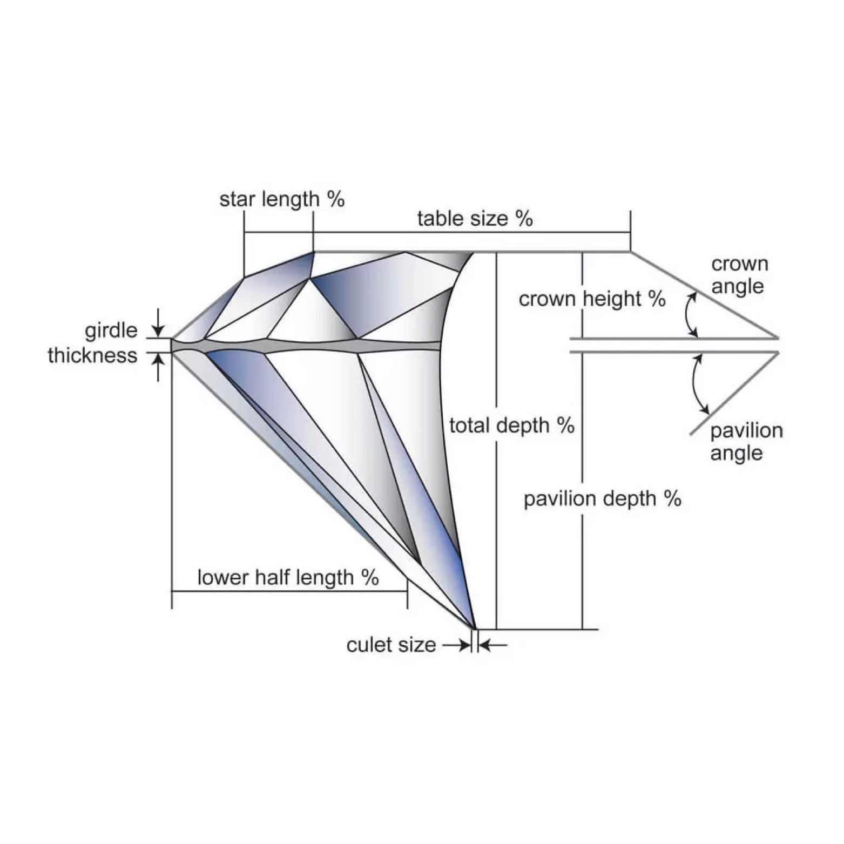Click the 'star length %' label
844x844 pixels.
(x=281, y=199)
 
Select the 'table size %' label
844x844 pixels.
(x=475, y=219)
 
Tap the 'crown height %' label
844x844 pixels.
(x=592, y=299)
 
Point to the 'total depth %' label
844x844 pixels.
(x=511, y=426)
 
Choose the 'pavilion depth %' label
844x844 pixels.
(x=602, y=498)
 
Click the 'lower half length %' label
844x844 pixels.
(x=288, y=577)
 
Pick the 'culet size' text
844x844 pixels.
(x=391, y=645)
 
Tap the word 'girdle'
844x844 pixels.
(x=111, y=330)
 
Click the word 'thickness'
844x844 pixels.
(x=92, y=355)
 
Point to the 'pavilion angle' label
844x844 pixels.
(x=746, y=442)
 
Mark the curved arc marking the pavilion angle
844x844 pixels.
(x=696, y=384)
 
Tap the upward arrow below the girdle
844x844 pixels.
(x=158, y=367)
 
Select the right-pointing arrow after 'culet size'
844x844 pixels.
(x=456, y=645)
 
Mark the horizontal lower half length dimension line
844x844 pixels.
(x=289, y=591)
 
